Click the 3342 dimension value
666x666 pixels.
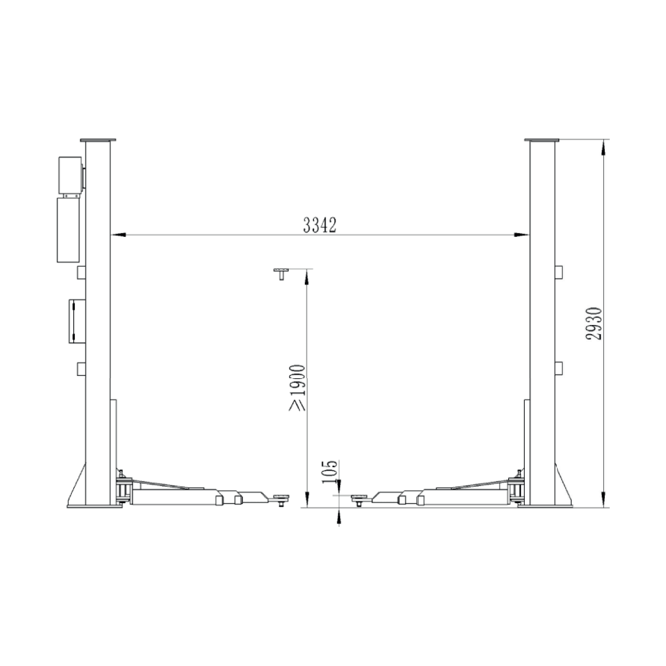pos(320,225)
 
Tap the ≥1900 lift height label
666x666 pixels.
pos(297,388)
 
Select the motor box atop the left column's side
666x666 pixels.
pos(70,175)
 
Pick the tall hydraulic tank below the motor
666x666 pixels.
pos(69,229)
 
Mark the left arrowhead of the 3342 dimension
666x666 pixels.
pos(117,235)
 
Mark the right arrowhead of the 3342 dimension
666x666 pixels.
pos(524,235)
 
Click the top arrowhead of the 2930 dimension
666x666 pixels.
pos(603,144)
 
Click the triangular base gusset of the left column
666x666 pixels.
pos(77,490)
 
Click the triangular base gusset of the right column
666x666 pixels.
pos(565,490)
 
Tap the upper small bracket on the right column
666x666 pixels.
pos(558,271)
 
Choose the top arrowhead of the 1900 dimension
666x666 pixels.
pos(306,276)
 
